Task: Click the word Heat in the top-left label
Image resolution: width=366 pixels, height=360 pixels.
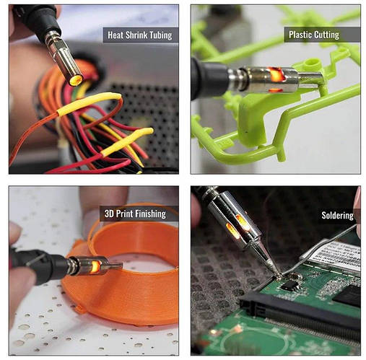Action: pos(116,35)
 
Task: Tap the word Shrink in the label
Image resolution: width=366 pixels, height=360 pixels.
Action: pos(136,35)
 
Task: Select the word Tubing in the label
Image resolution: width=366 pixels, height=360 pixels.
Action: pos(161,35)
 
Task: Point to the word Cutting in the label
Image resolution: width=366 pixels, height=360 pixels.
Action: pos(326,35)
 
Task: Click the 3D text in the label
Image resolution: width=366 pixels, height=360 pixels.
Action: pos(109,214)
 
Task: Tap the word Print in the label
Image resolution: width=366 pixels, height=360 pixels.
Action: pos(124,214)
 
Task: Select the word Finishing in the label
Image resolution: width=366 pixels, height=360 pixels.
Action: pos(150,214)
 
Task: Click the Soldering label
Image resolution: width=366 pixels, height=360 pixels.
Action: pos(337,216)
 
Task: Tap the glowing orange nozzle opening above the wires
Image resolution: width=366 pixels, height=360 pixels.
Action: pos(76,80)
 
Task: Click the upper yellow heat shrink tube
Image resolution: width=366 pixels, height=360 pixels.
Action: pos(89,103)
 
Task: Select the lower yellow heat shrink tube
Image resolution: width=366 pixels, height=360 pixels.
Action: pos(127,141)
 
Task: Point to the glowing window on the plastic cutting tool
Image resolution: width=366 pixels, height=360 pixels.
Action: pos(276,74)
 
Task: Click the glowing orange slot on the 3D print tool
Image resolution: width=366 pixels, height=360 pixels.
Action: pos(95,265)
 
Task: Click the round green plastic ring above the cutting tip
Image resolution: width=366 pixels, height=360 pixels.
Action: pos(312,64)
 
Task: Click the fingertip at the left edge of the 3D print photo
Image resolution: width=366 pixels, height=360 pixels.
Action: pos(15,232)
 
